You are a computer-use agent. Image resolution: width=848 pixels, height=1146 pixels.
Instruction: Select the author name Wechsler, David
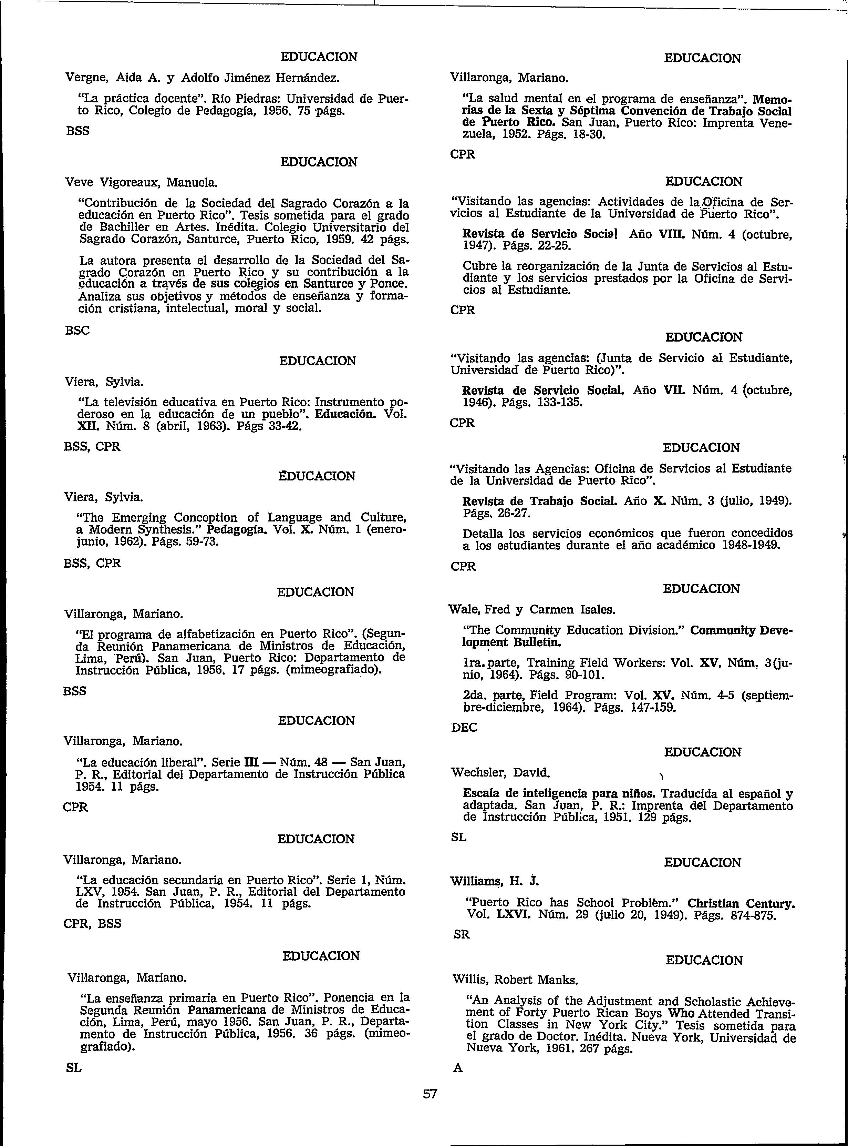click(500, 772)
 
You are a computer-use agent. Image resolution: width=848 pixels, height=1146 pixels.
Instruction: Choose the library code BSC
click(77, 330)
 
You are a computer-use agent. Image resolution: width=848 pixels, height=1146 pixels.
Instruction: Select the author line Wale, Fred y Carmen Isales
click(532, 610)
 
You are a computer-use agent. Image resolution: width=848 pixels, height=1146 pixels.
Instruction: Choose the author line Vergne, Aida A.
click(202, 78)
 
